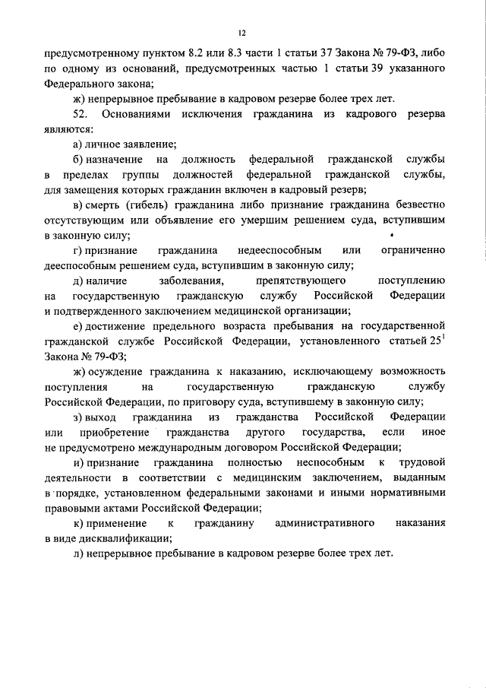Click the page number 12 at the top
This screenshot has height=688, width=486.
pos(241,33)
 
